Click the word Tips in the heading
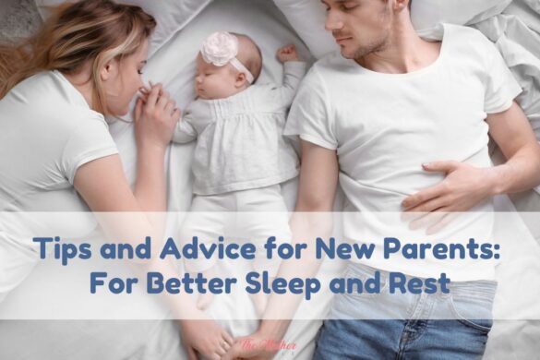tap(60, 248)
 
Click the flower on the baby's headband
tap(221, 48)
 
